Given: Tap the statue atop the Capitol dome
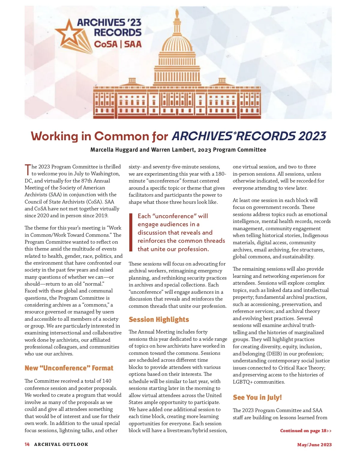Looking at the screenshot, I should (177, 13).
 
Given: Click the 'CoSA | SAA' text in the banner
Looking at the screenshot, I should (118, 44).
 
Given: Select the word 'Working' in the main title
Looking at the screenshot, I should (54, 136).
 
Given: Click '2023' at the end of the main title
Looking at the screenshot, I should (312, 136).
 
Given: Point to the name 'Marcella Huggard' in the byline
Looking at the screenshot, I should (114, 150).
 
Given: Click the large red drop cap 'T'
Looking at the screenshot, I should (28, 170).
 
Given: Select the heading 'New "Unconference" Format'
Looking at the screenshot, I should (69, 368).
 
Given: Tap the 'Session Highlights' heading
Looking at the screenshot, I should (159, 319).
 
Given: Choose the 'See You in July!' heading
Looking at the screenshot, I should (257, 397).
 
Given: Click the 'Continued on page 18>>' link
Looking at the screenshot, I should (306, 431).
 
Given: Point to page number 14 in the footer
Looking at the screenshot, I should (27, 444).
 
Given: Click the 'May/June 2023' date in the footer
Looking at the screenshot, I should (314, 445).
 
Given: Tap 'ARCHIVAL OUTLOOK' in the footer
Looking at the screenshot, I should (61, 444).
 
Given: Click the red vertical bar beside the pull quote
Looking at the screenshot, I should (130, 232).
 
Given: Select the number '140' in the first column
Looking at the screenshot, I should (106, 381).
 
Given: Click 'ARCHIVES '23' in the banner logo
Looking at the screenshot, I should (109, 22).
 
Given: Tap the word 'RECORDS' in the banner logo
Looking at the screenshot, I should (118, 32).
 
